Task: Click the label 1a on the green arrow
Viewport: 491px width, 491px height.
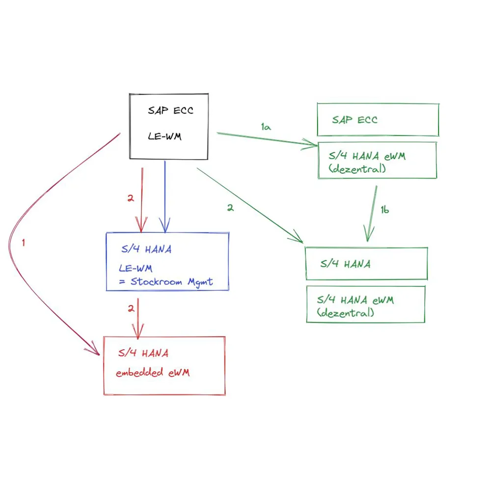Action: [266, 127]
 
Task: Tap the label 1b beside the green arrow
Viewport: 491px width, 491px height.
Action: [385, 210]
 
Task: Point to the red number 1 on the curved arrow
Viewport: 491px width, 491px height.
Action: [23, 243]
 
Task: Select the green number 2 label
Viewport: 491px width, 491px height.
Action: [230, 208]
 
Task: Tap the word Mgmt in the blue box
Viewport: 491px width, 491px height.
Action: [201, 282]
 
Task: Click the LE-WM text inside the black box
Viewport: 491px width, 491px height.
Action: [164, 136]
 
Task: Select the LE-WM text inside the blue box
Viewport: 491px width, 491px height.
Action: [136, 268]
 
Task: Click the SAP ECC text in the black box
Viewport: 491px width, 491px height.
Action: [170, 110]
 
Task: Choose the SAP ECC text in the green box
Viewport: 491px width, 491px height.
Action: [355, 119]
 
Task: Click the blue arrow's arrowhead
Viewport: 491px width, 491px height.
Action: [165, 227]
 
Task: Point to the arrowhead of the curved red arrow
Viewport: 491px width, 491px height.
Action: [95, 352]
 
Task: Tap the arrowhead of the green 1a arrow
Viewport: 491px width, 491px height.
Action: [312, 143]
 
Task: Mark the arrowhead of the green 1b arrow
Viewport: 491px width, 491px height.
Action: [367, 236]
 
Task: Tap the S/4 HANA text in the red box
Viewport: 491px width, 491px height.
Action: [143, 353]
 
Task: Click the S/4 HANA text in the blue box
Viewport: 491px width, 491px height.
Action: [146, 249]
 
